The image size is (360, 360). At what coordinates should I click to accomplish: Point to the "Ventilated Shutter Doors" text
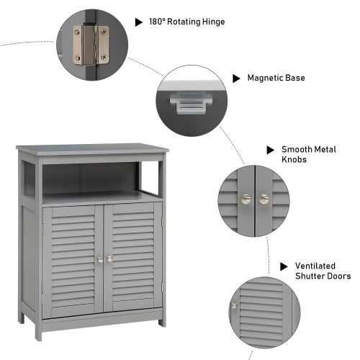coord(322,271)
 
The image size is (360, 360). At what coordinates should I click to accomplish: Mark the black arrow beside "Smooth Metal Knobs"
coord(270,150)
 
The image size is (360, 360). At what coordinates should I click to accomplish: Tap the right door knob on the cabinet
coord(109,258)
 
